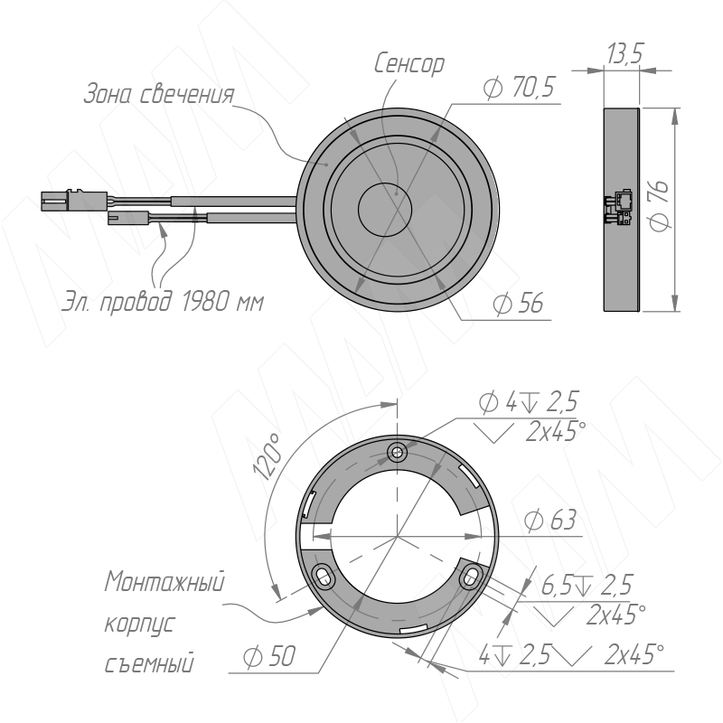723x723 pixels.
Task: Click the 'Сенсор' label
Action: (409, 63)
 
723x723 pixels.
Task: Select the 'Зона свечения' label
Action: (159, 94)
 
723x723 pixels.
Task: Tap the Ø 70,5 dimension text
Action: (519, 87)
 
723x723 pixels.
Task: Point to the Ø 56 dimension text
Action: (518, 303)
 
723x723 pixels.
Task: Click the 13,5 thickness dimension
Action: (624, 53)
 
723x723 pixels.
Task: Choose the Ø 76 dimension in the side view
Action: (660, 206)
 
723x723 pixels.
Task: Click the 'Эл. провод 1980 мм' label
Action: (163, 302)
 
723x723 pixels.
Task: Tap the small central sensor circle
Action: (384, 210)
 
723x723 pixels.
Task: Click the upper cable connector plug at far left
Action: (74, 200)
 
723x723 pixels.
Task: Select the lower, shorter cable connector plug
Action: (128, 218)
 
